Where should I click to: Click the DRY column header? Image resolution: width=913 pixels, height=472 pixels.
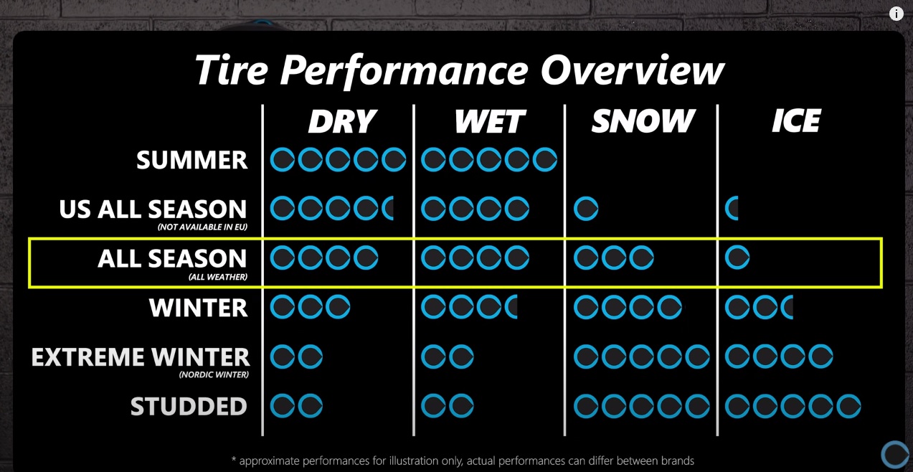pos(341,121)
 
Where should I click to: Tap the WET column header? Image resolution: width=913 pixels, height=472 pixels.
pos(490,121)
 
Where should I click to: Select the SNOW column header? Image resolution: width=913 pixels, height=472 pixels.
pos(643,121)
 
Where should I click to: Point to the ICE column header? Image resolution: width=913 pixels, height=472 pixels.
pos(796,121)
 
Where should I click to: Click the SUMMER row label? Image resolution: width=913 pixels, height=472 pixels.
pos(192,160)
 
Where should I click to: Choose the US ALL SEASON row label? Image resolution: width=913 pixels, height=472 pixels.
pos(153,209)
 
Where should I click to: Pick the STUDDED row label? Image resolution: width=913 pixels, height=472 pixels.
pos(189,407)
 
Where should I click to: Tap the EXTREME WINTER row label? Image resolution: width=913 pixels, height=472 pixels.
pos(140,357)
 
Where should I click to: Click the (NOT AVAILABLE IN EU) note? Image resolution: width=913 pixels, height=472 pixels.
pos(202,227)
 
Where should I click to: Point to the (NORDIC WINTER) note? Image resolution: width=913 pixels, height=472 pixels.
pos(214,374)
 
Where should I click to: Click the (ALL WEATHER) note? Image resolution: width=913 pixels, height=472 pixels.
pos(217,277)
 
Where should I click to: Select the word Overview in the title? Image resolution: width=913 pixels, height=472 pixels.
pos(632,70)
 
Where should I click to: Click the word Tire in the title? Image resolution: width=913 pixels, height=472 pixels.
pos(231,70)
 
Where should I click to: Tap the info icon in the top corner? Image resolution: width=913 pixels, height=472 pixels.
pos(896,14)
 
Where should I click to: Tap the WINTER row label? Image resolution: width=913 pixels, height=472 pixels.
pos(198,308)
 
